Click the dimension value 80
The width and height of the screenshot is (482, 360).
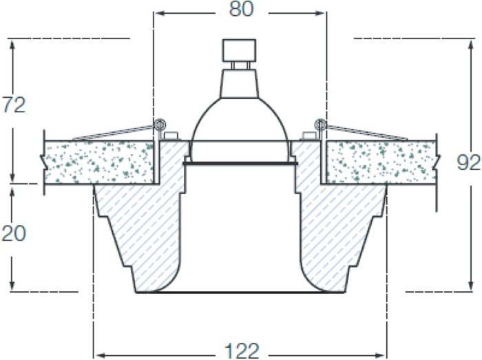tap(242, 9)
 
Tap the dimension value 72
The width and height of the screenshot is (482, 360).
tap(14, 105)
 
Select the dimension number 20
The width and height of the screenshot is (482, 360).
tap(14, 234)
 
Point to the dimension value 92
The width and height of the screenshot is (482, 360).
tap(468, 163)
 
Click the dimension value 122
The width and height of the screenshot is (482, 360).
tap(242, 350)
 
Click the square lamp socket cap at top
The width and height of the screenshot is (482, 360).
tap(239, 50)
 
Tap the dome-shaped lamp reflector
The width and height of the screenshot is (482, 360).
tap(240, 120)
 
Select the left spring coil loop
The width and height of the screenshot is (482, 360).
tap(160, 125)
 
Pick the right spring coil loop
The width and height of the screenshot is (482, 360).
tap(321, 125)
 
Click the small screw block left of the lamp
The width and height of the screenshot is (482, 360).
tap(171, 136)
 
